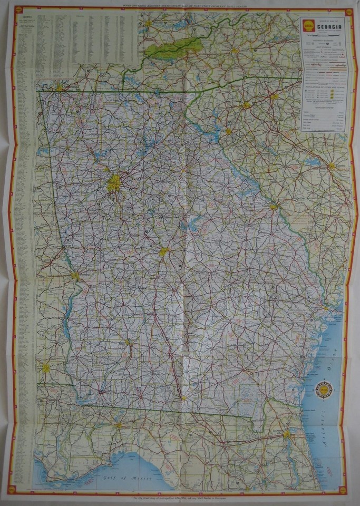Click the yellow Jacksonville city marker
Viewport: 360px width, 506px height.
[x=286, y=434]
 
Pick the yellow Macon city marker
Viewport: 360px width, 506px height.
[x=164, y=252]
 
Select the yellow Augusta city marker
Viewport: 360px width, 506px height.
[x=274, y=207]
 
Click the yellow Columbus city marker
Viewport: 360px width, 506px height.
[x=75, y=275]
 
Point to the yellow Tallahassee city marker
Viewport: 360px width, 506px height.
[x=119, y=425]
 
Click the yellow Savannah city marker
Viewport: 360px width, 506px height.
[x=325, y=307]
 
